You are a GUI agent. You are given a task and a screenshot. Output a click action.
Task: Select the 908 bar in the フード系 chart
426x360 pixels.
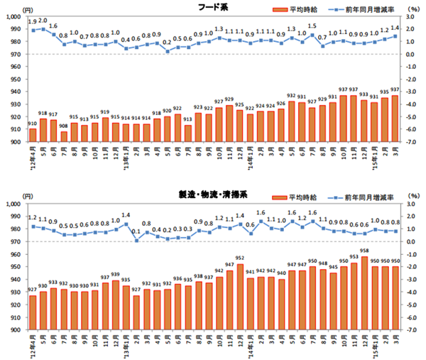pos(64,136)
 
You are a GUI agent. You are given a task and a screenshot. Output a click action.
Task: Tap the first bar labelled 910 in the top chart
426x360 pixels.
pos(33,135)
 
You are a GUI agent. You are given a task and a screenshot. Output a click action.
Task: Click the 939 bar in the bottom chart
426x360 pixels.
pos(116,305)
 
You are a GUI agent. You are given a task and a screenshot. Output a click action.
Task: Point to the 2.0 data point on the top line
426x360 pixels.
pos(43,29)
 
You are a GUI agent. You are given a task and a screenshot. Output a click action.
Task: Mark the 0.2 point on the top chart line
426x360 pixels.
pos(167,51)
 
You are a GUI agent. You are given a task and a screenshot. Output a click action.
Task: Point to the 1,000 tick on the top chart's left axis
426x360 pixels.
pos(13,17)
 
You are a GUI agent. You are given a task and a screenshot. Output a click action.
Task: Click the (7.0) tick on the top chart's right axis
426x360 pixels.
pos(410,142)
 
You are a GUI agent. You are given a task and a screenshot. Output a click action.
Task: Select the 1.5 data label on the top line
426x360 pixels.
pos(312,26)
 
